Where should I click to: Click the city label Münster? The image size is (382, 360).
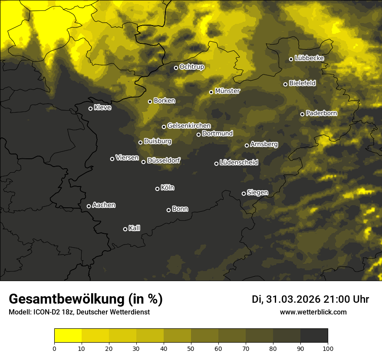pos(227,91)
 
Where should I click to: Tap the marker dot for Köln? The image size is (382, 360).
pos(157,189)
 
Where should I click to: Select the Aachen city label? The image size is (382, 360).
pos(104,205)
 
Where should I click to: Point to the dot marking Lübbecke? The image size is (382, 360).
pos(291,59)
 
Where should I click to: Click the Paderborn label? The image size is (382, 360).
pos(322,113)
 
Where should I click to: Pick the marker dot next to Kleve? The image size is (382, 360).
pos(90,108)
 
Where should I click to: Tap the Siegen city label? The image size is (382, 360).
pos(257,193)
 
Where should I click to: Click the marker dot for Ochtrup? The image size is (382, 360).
pos(176,68)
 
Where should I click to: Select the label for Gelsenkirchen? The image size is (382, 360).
pos(189,126)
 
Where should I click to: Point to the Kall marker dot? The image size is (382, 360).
pos(125,229)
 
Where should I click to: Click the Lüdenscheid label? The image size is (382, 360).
pos(239,163)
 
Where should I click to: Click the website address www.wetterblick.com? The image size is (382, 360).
pos(313,312)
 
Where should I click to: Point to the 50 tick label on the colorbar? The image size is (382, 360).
pos(191,348)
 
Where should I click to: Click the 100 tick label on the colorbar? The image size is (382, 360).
pos(328,348)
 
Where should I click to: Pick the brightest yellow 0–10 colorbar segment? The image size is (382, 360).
pos(68,335)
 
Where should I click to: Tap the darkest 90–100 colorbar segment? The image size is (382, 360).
pos(314,335)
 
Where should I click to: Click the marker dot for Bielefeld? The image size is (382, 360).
pos(285,84)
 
